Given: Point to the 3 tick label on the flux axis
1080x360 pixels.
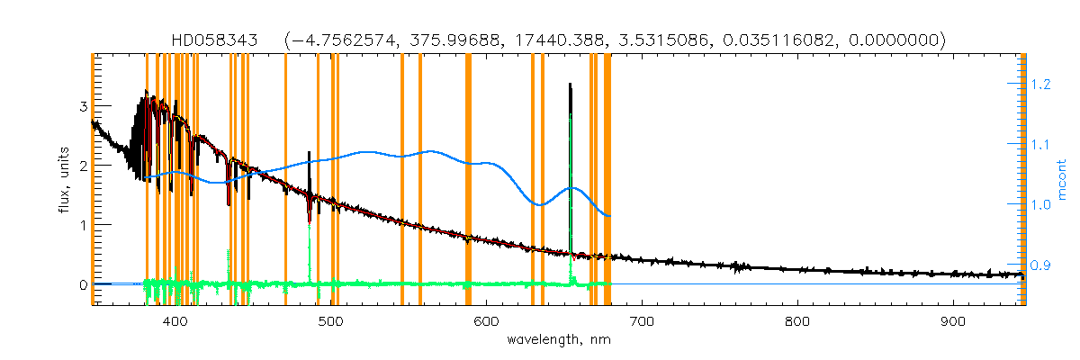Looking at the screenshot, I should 83,106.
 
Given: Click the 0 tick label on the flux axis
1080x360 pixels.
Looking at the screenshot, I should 83,285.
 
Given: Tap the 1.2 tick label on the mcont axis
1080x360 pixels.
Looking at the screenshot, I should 1041,84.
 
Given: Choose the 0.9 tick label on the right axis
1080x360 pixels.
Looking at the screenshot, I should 1041,265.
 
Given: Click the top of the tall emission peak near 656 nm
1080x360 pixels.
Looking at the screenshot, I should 571,85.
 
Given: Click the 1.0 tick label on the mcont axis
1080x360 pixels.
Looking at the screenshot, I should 1041,205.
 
